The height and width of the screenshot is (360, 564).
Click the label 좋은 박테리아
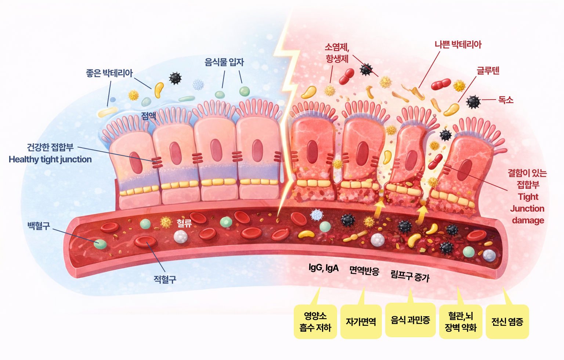[x=109, y=73]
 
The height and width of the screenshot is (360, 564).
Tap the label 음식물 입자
[x=224, y=62]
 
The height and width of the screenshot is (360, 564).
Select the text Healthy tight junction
[x=50, y=159]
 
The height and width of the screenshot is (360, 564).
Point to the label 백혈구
[x=39, y=226]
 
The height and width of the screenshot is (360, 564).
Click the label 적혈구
[x=165, y=280]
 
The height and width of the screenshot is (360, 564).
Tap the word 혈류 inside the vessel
[x=184, y=223]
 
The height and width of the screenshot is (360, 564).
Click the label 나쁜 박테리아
[x=458, y=45]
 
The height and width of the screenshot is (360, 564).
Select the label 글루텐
[x=488, y=71]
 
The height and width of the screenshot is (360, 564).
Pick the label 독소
[x=506, y=100]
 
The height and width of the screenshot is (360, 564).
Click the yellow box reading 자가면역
[x=361, y=322]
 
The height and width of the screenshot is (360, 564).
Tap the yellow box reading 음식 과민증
[x=410, y=320]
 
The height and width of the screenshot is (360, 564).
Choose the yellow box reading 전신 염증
[x=507, y=322]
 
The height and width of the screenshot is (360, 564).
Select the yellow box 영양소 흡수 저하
[x=315, y=322]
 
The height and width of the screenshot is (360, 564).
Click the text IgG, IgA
[x=323, y=268]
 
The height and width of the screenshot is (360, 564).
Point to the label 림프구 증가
[x=410, y=276]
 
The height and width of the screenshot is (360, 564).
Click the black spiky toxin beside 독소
[x=473, y=102]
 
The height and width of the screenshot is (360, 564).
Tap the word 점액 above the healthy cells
[x=149, y=116]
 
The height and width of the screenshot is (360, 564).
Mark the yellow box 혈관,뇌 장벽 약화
[x=460, y=322]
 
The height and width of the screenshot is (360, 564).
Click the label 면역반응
[x=364, y=271]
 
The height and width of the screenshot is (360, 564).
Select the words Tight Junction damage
[x=528, y=208]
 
